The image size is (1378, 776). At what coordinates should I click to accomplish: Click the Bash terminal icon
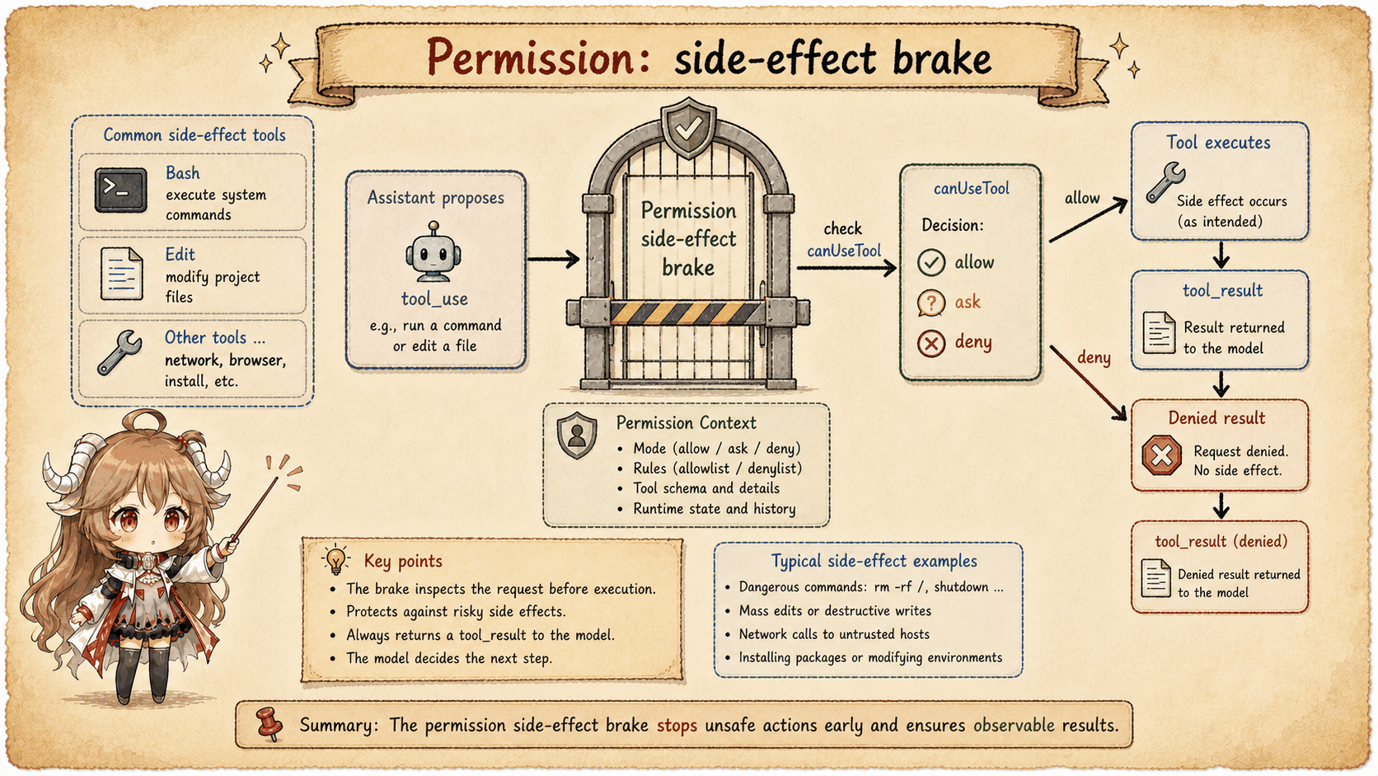(120, 190)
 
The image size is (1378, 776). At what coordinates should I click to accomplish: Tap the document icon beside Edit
(122, 274)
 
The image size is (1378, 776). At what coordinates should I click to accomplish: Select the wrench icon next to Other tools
(120, 353)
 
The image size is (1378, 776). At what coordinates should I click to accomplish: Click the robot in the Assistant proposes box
(434, 252)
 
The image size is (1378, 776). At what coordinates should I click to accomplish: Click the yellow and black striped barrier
(688, 313)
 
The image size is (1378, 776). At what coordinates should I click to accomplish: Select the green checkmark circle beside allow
(931, 263)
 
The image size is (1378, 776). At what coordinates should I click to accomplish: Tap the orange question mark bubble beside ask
(930, 303)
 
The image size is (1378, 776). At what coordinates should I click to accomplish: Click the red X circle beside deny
(931, 343)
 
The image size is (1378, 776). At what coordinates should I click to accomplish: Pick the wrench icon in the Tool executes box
(1165, 182)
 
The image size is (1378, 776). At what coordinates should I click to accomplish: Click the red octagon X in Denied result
(1161, 456)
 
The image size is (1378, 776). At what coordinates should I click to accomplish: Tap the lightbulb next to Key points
(336, 559)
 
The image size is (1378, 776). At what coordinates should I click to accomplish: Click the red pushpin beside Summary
(270, 724)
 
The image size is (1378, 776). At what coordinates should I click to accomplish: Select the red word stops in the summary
(677, 726)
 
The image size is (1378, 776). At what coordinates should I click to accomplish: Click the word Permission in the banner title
(531, 57)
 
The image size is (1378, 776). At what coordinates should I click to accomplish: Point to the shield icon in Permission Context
(576, 435)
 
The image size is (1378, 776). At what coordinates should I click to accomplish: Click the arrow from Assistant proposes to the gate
(553, 259)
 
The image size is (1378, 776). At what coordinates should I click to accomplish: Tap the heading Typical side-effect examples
(874, 562)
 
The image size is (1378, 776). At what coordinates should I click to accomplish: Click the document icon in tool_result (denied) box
(1155, 578)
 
